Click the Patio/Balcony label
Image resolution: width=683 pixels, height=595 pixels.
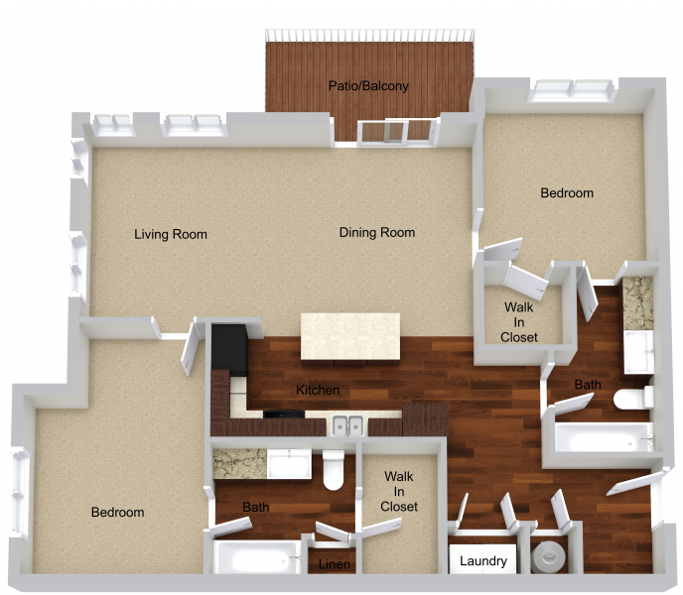[368, 85]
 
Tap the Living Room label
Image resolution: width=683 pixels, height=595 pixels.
[171, 234]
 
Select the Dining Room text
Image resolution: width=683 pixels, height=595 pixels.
[377, 232]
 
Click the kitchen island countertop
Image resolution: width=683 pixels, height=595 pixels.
[350, 336]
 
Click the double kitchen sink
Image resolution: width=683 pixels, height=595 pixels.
[348, 425]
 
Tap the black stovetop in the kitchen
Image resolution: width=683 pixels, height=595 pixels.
[284, 414]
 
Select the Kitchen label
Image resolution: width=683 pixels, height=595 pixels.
[318, 390]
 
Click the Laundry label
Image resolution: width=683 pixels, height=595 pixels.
[483, 561]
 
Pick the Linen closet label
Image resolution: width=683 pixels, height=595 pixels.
[335, 564]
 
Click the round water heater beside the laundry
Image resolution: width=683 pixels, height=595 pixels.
[549, 556]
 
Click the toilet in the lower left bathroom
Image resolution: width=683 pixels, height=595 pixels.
[334, 470]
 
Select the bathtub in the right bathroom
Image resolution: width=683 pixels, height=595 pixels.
[605, 438]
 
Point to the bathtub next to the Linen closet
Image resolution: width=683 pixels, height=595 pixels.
[257, 557]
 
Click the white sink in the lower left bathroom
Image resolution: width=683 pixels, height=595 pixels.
[289, 464]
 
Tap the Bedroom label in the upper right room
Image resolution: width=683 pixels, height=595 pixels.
[567, 192]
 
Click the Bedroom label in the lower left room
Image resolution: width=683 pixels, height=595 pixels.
[117, 513]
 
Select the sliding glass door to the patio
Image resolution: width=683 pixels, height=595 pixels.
[396, 132]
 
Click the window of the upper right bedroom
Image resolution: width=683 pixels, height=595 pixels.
[572, 90]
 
